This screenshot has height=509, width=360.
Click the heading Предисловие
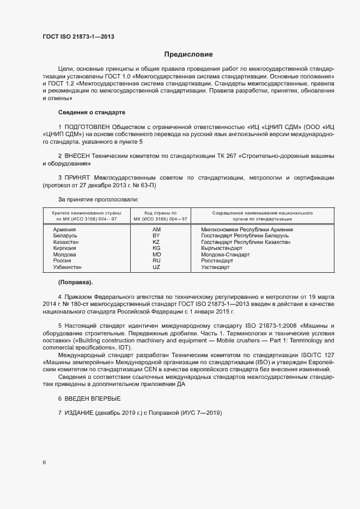point(188,54)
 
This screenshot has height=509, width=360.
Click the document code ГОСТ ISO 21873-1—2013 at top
point(78,37)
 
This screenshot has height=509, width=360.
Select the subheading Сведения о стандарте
point(91,112)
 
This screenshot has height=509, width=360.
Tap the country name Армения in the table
point(64,230)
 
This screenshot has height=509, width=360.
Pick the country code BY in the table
point(156,236)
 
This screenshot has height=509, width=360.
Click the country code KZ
point(156,242)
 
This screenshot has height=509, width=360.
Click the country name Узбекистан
point(68,267)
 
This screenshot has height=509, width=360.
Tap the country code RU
point(156,261)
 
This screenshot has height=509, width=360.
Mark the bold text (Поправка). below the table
point(75,282)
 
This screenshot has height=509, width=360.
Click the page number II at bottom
point(44,463)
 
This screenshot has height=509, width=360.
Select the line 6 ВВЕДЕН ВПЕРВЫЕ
point(86,399)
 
